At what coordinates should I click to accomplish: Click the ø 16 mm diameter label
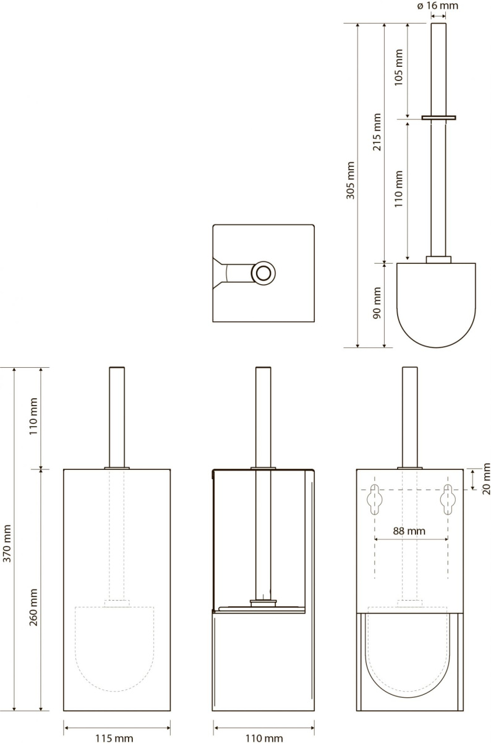click(x=438, y=6)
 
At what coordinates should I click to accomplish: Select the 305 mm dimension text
click(x=350, y=180)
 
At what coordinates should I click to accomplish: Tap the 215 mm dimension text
click(x=377, y=133)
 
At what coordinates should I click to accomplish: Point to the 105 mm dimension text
click(x=399, y=67)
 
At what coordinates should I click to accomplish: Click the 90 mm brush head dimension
click(x=377, y=303)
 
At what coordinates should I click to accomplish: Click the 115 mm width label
click(x=114, y=738)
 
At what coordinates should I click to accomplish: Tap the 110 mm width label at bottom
click(x=264, y=738)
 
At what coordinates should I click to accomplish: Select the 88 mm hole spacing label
click(x=409, y=531)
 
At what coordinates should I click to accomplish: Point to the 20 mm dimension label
click(x=486, y=479)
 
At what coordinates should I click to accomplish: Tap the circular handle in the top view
click(x=263, y=273)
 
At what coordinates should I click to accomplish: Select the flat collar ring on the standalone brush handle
click(x=438, y=118)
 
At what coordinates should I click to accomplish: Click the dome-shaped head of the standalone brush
click(x=436, y=305)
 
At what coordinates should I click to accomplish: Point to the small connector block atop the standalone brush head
click(x=438, y=259)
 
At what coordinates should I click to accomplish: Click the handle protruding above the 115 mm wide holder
click(x=117, y=417)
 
